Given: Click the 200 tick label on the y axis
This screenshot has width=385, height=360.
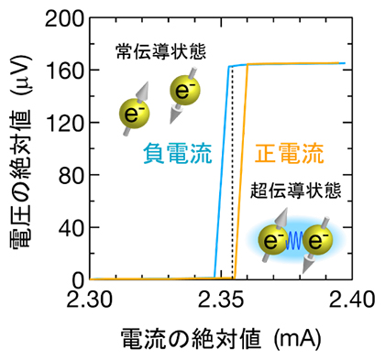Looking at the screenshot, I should click(x=65, y=17).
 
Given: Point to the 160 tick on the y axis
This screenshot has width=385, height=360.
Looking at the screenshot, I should click(x=65, y=70).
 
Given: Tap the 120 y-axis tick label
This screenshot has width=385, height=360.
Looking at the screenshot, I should click(x=65, y=122).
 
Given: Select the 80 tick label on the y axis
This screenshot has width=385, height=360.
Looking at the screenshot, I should click(x=71, y=174).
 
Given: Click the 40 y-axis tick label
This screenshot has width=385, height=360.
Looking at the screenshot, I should click(x=71, y=226).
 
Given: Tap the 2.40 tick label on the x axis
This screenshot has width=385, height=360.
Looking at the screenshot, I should click(x=354, y=299).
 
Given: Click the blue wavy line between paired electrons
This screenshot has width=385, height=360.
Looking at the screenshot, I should click(x=295, y=243).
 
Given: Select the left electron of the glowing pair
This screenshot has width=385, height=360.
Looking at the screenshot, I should click(x=273, y=241).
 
